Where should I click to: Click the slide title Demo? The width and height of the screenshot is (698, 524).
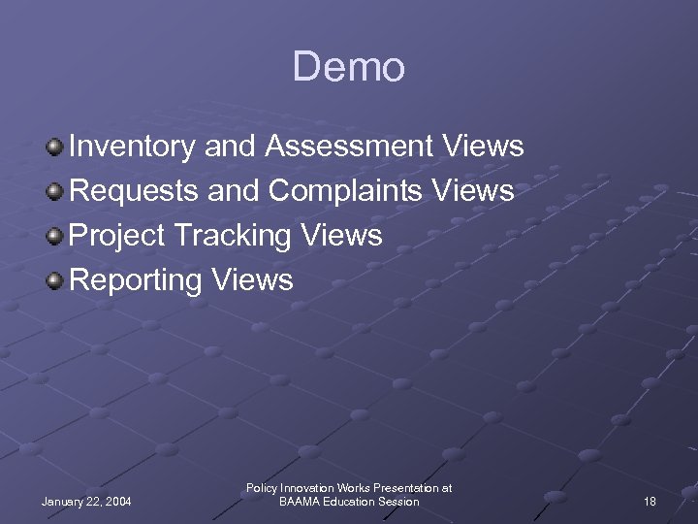click(348, 68)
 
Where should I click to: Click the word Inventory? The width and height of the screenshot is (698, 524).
click(135, 147)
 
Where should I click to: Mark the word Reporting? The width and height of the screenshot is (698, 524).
click(136, 281)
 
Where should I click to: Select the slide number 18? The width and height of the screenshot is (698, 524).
click(650, 502)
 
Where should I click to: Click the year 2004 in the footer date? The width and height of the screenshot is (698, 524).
click(116, 502)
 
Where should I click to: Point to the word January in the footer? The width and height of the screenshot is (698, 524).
click(64, 502)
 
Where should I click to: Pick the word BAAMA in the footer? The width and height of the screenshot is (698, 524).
click(301, 502)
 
